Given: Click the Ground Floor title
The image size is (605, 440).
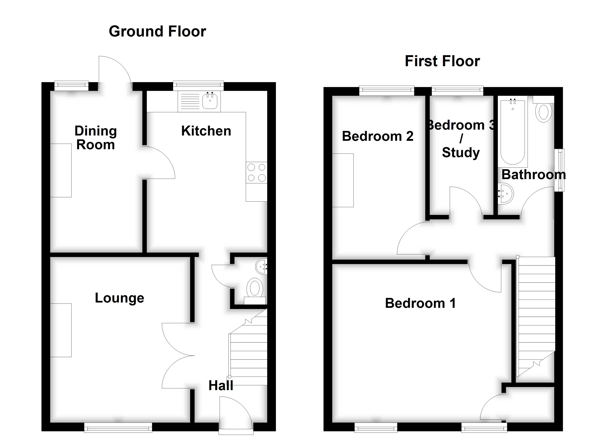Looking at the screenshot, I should point(157,32).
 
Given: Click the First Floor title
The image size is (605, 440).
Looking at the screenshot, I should point(442,61).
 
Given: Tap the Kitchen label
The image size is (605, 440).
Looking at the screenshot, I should point(206,131).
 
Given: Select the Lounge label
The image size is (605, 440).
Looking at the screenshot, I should point(120,298).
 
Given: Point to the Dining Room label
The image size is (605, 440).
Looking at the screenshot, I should point(96,138).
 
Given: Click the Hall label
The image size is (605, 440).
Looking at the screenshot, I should point(221,386).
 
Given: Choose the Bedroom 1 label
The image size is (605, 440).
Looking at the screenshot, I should point(420,303).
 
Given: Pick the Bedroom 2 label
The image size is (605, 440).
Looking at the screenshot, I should point(377,136).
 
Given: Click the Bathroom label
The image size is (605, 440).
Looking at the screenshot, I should point(533,175).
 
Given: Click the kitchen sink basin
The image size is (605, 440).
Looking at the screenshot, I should point(210,101).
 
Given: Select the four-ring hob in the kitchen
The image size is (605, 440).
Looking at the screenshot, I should point(256,172).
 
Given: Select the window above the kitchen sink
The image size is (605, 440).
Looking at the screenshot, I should point(198,85).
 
